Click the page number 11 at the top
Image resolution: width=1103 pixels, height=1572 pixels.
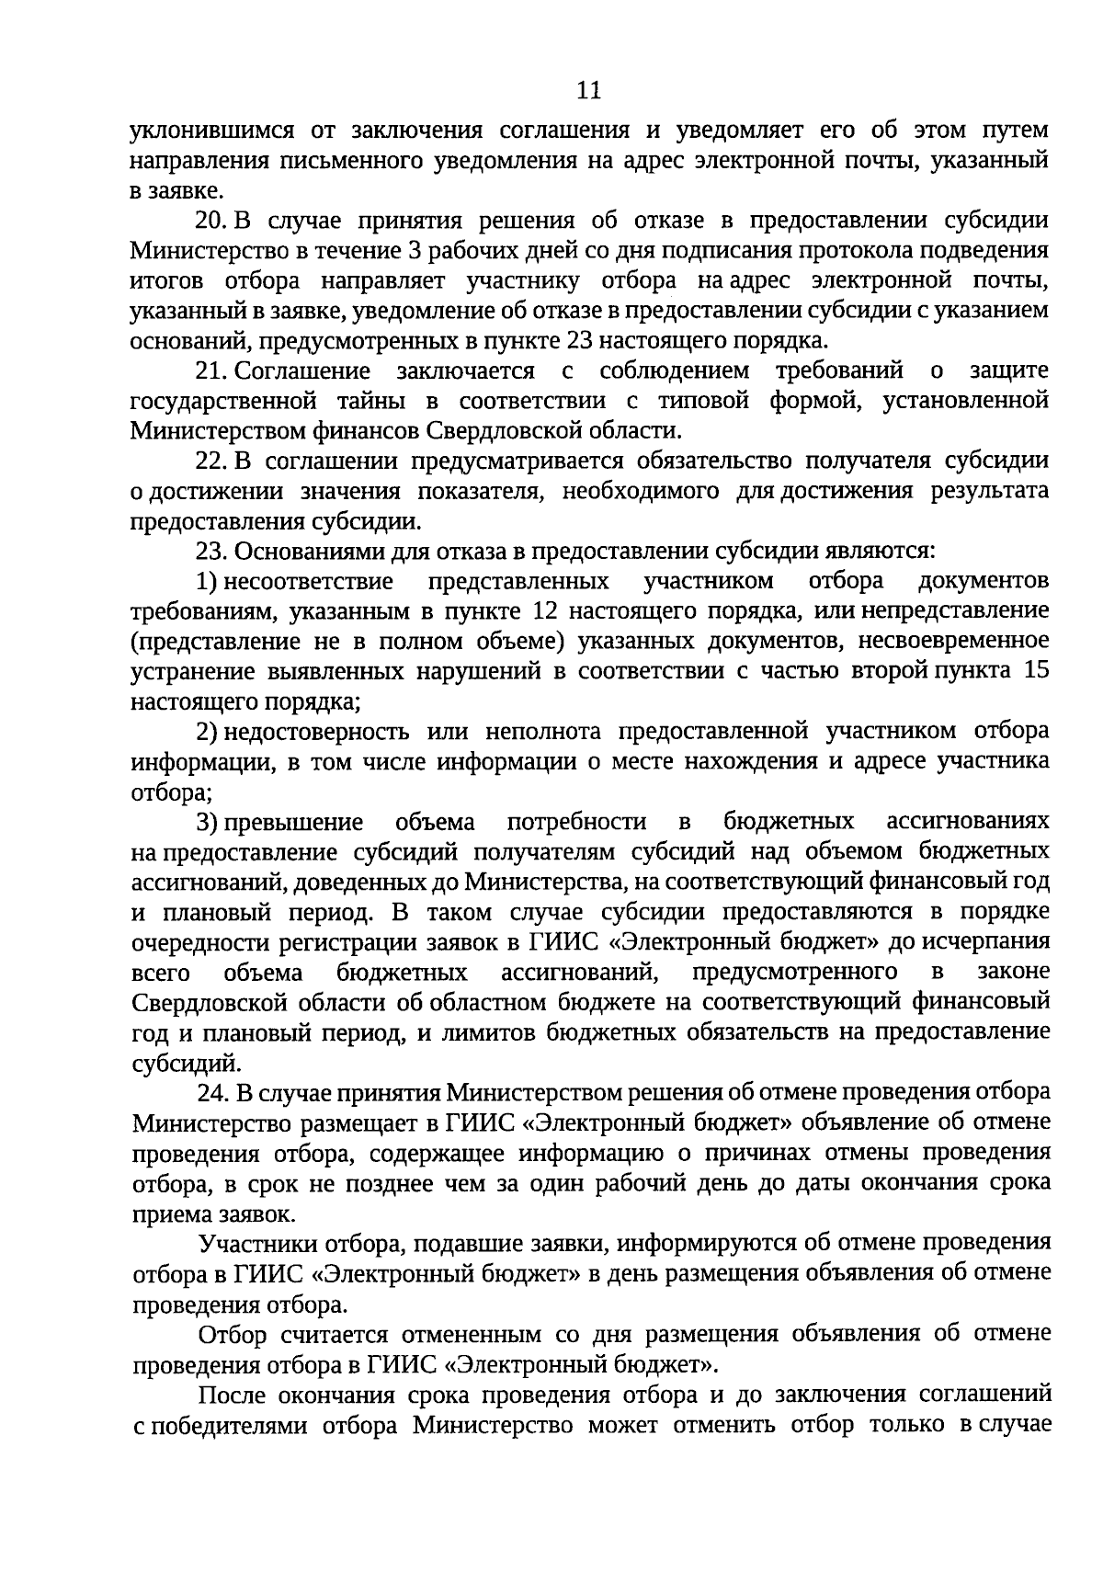588,90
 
